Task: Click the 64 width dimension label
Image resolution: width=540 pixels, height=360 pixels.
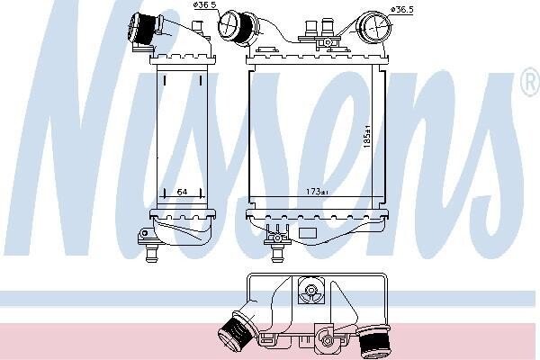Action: pyautogui.click(x=182, y=192)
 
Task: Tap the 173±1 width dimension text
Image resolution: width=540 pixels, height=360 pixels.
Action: pyautogui.click(x=317, y=191)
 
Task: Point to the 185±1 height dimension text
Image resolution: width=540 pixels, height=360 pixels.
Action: pyautogui.click(x=367, y=137)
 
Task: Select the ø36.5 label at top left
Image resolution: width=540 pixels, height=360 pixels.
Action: pyautogui.click(x=204, y=4)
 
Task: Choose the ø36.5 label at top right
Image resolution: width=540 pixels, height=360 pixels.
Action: pyautogui.click(x=402, y=9)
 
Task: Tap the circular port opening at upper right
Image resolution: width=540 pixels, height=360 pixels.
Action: pyautogui.click(x=373, y=26)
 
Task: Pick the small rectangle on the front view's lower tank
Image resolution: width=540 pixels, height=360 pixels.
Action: pyautogui.click(x=308, y=233)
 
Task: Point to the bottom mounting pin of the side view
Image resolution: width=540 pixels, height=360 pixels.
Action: pyautogui.click(x=151, y=253)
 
